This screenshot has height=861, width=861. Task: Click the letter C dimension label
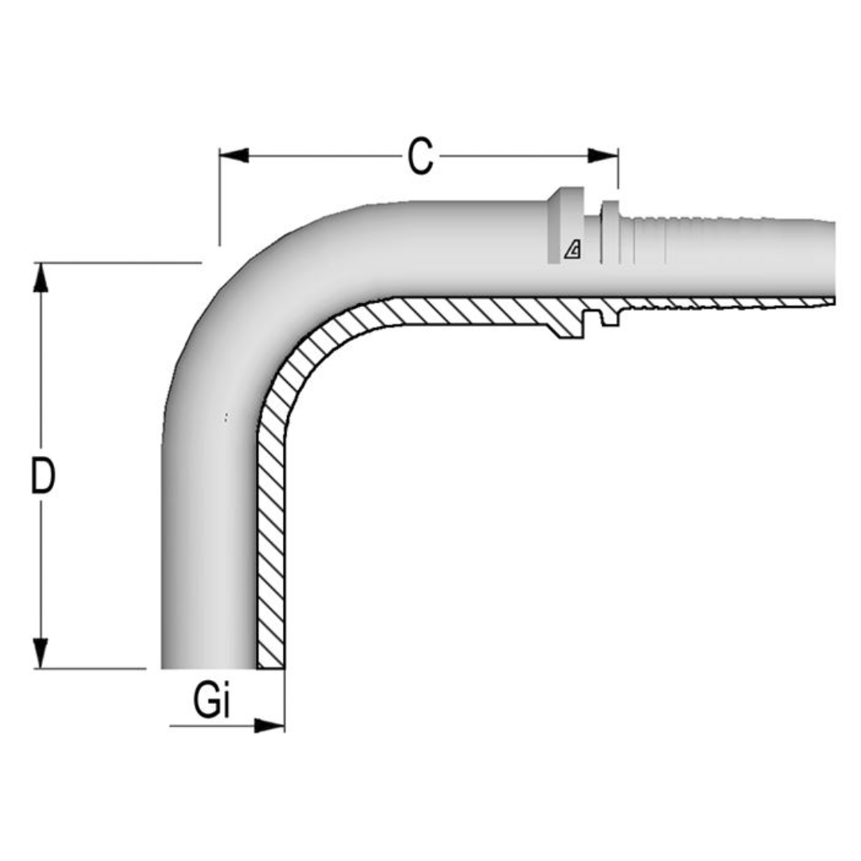[x=420, y=156]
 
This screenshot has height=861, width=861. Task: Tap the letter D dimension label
[x=42, y=476]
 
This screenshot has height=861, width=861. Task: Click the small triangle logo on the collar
[x=572, y=250]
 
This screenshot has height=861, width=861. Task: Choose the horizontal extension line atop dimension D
[x=120, y=262]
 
